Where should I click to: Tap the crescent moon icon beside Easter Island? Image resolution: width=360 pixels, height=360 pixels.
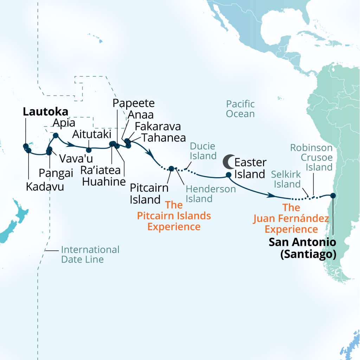[227, 162]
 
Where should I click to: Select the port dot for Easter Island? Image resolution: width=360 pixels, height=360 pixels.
[229, 174]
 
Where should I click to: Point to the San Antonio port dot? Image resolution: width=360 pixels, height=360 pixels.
[333, 195]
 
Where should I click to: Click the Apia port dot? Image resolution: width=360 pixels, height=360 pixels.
[56, 135]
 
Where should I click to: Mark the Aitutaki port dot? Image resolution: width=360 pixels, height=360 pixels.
[89, 150]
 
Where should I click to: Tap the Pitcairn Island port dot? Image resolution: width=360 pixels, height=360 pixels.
[171, 168]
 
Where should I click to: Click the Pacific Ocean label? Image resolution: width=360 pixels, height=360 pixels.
[240, 109]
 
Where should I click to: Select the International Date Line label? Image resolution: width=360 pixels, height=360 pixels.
[90, 255]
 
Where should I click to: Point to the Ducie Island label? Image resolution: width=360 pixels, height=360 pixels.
[202, 151]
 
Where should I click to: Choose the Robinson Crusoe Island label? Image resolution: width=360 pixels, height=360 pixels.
[311, 157]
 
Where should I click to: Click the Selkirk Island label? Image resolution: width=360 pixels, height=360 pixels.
[286, 179]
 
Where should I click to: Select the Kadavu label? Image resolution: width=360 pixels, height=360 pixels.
[45, 186]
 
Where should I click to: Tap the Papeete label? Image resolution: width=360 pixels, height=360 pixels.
[133, 103]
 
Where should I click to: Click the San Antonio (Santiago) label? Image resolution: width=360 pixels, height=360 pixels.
[302, 248]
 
